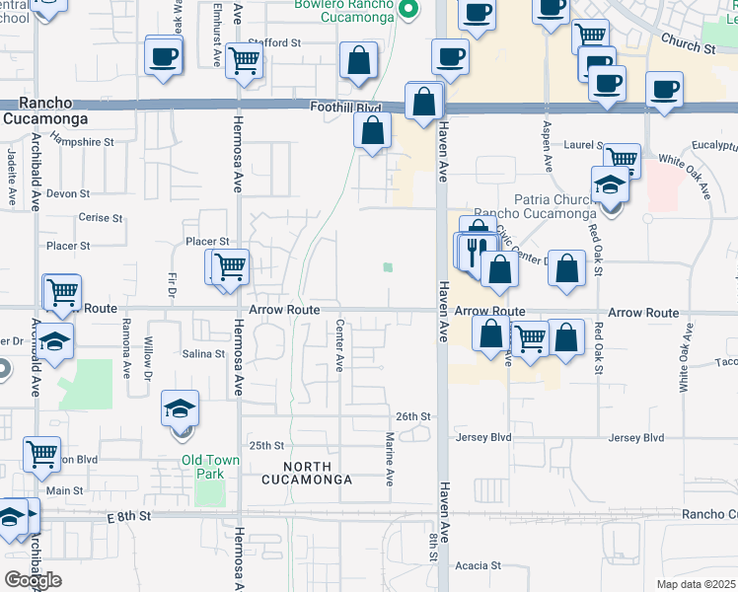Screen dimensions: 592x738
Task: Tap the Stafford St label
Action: coord(275,43)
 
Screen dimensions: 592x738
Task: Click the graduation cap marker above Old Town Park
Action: coord(181,408)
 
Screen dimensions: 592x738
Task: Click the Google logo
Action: coord(33,579)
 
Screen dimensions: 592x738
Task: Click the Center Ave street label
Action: coord(339,345)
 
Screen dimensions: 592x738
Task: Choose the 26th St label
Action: coord(413,416)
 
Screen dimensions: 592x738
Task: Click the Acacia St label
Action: coord(479,566)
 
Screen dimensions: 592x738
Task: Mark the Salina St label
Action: coord(203,353)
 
